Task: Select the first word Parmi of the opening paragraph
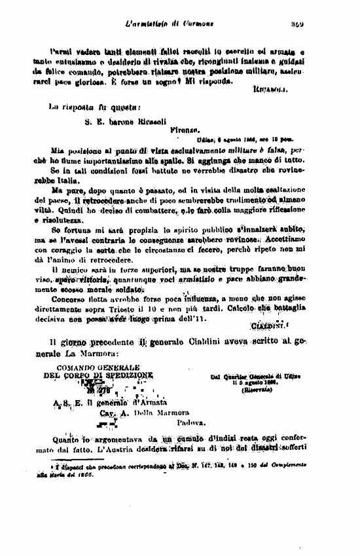tap(60, 50)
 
